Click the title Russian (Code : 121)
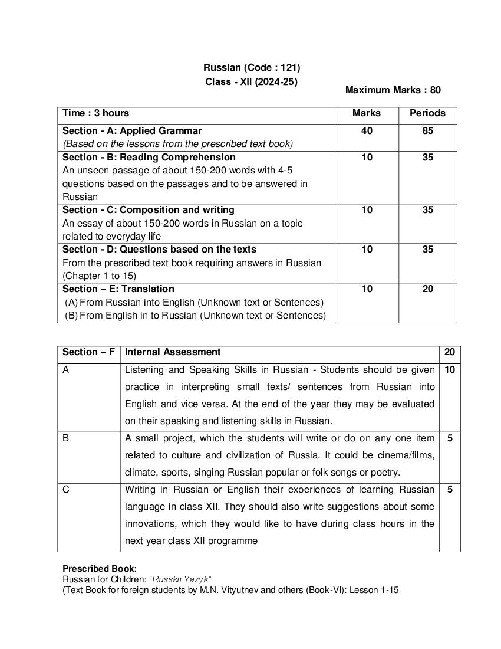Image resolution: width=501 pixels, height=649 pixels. pyautogui.click(x=252, y=68)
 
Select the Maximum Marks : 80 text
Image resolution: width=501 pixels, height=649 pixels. pyautogui.click(x=393, y=90)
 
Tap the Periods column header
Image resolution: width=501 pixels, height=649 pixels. pyautogui.click(x=427, y=113)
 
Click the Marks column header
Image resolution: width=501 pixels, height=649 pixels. pyautogui.click(x=367, y=113)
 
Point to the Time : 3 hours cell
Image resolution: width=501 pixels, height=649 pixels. pyautogui.click(x=96, y=113)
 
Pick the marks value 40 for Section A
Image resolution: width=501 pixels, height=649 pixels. pyautogui.click(x=367, y=131)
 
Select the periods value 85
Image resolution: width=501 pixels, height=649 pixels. pyautogui.click(x=427, y=131)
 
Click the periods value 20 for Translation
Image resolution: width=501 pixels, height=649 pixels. pyautogui.click(x=427, y=289)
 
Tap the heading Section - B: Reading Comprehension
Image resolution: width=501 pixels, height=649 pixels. pyautogui.click(x=149, y=158)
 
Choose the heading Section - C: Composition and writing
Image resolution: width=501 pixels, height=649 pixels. pyautogui.click(x=149, y=210)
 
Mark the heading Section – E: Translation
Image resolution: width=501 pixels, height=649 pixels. pyautogui.click(x=118, y=289)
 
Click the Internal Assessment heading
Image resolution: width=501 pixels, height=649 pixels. pyautogui.click(x=173, y=352)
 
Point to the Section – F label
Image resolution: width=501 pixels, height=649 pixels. pyautogui.click(x=88, y=352)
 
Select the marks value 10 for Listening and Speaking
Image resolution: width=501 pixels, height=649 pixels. pyautogui.click(x=450, y=370)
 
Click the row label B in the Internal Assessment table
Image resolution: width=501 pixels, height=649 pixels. pyautogui.click(x=65, y=438)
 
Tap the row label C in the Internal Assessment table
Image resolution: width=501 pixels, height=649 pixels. pyautogui.click(x=66, y=490)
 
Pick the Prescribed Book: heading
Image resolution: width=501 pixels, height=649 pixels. pyautogui.click(x=100, y=569)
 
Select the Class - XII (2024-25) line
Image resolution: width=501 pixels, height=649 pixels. pyautogui.click(x=252, y=82)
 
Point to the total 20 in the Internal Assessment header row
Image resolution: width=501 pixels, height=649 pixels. pyautogui.click(x=450, y=352)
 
